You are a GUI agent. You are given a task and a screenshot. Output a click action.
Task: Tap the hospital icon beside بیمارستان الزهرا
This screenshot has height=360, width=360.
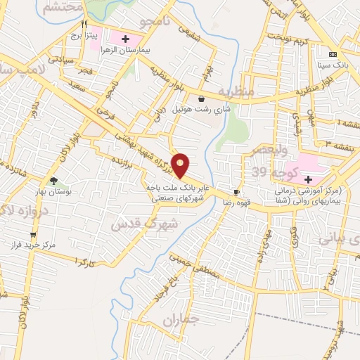click(x=125, y=38)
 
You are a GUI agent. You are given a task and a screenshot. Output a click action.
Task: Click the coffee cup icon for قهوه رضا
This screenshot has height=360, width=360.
click(x=236, y=192)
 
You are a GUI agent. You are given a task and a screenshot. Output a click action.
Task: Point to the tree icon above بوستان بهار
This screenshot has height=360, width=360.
click(x=54, y=181)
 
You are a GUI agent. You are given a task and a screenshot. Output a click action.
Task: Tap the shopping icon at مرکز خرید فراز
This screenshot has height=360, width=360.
click(x=32, y=236)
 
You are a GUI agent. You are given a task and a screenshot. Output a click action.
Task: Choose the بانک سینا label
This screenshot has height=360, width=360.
click(x=333, y=64)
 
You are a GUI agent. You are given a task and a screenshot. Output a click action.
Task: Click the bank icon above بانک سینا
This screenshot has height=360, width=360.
click(x=333, y=54)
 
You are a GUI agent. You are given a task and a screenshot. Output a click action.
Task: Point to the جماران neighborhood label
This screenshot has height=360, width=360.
click(x=181, y=321)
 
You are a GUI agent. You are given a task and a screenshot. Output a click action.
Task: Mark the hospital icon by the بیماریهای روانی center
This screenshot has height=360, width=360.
click(x=309, y=179)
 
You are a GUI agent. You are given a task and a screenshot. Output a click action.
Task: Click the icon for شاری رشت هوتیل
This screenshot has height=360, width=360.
click(x=202, y=99)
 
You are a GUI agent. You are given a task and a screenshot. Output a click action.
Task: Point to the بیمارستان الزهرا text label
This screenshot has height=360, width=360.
click(x=125, y=51)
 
